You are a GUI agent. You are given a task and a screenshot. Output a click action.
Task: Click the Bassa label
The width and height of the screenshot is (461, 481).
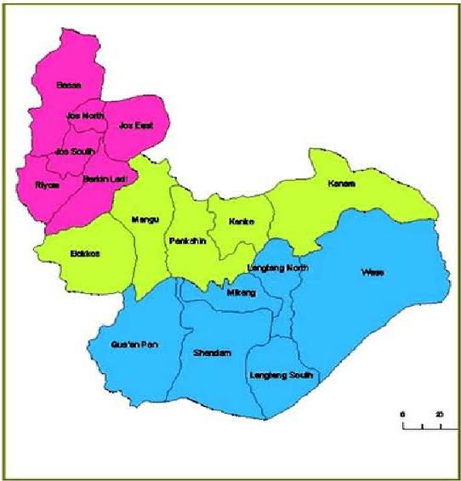pos(67,85)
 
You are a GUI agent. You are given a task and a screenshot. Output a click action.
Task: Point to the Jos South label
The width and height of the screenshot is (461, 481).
pos(74,151)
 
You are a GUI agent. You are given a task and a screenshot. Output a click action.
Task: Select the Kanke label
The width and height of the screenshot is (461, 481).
pos(241,222)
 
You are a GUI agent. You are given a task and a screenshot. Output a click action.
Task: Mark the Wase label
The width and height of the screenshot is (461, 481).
pos(372,273)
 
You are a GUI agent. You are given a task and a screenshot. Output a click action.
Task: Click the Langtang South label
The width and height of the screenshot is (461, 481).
pos(282,375)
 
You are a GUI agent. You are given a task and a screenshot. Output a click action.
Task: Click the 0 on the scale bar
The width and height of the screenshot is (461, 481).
pos(403,414)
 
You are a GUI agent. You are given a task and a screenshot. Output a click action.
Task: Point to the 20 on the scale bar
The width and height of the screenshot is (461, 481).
pos(439,414)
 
